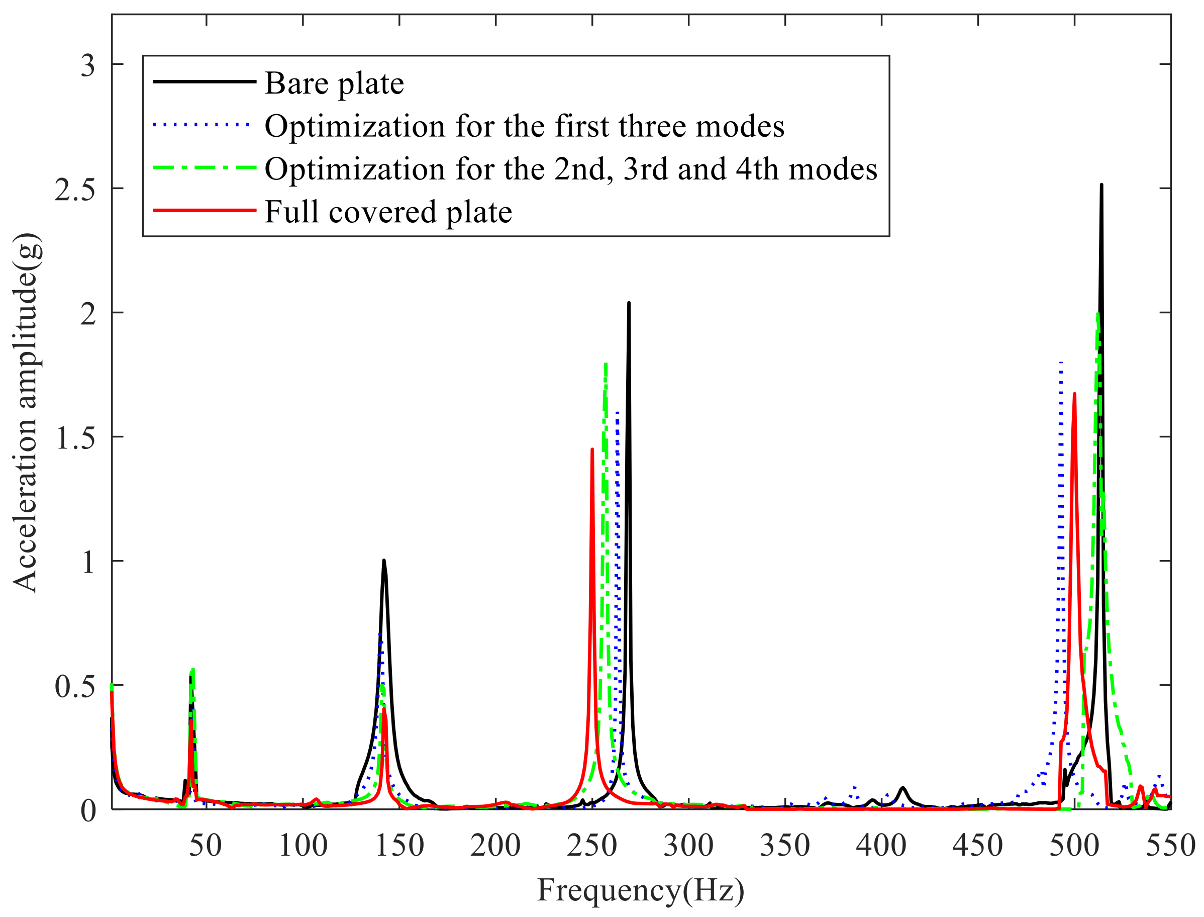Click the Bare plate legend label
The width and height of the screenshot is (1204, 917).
(x=334, y=83)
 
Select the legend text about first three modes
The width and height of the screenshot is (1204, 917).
(x=524, y=126)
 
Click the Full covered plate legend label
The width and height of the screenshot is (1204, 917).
(x=388, y=212)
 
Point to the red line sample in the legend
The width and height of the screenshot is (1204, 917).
(x=204, y=210)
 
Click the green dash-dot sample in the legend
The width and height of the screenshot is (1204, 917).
(x=204, y=167)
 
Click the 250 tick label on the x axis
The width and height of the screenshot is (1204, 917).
(x=591, y=846)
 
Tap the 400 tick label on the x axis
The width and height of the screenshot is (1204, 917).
(x=880, y=846)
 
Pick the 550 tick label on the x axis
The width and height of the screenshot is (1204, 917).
(x=1170, y=846)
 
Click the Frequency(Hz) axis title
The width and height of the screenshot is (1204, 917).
(x=641, y=890)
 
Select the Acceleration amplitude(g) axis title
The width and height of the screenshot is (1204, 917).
(x=26, y=412)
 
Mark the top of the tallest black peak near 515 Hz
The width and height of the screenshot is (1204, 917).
(x=1101, y=185)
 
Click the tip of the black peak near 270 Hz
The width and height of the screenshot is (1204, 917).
(x=629, y=303)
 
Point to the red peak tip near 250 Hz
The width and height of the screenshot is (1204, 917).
(x=592, y=450)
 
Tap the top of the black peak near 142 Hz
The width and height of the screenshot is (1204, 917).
(x=384, y=561)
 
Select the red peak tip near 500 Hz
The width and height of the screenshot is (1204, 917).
(x=1074, y=394)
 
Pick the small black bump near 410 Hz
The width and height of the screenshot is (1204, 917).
(x=903, y=788)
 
